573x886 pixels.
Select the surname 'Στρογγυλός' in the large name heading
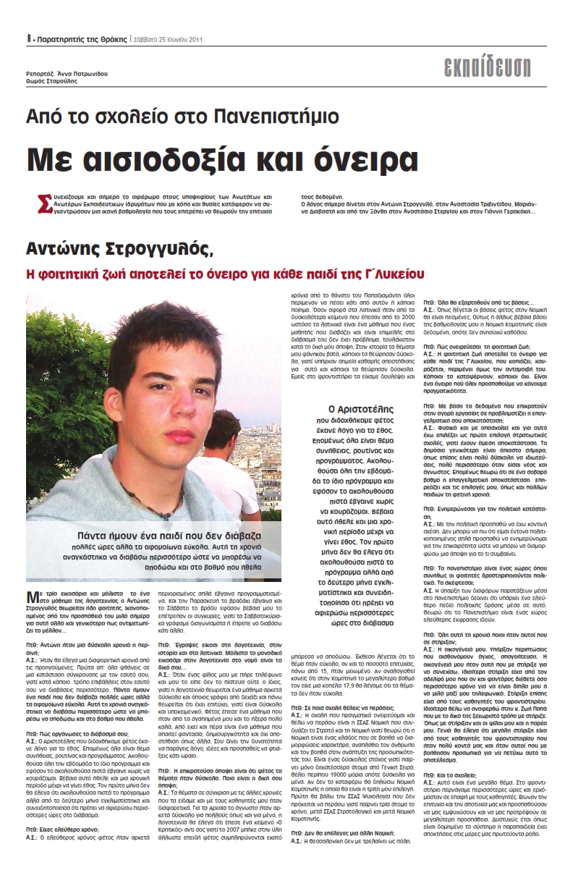point(165,250)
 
